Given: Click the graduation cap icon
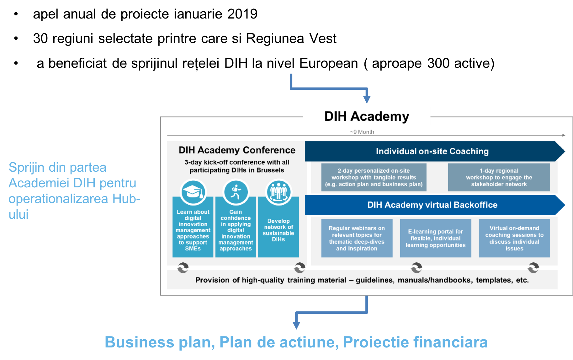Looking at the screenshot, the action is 193,192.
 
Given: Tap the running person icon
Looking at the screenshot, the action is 236,192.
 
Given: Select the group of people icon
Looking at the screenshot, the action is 279,192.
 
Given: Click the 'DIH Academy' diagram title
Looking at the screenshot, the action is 367,116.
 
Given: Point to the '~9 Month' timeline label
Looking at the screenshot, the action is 362,132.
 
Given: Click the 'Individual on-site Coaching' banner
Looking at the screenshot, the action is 435,151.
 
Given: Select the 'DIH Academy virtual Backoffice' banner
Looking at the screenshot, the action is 435,205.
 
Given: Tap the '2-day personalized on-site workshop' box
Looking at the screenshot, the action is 374,177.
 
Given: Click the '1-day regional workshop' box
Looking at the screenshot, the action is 499,177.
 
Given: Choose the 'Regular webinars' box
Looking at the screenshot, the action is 357,238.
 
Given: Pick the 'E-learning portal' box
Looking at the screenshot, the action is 436,238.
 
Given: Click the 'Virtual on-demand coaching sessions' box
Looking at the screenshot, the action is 514,238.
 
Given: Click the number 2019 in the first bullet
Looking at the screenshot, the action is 242,14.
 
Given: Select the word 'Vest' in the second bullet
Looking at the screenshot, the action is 323,38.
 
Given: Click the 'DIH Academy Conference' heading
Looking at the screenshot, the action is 237,150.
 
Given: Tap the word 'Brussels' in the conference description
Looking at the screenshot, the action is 270,170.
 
